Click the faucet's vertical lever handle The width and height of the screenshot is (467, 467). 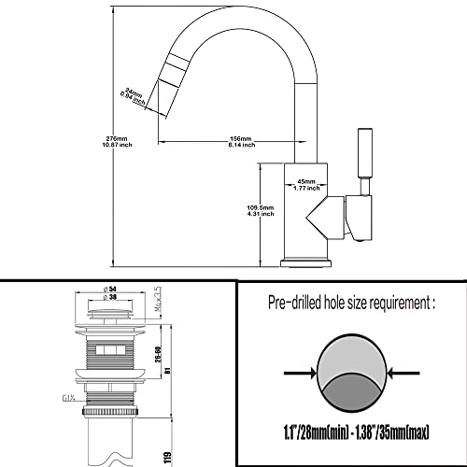pyautogui.click(x=366, y=161)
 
